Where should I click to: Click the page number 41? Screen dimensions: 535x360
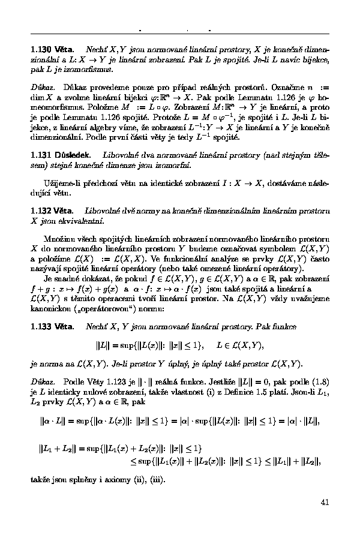325,502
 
